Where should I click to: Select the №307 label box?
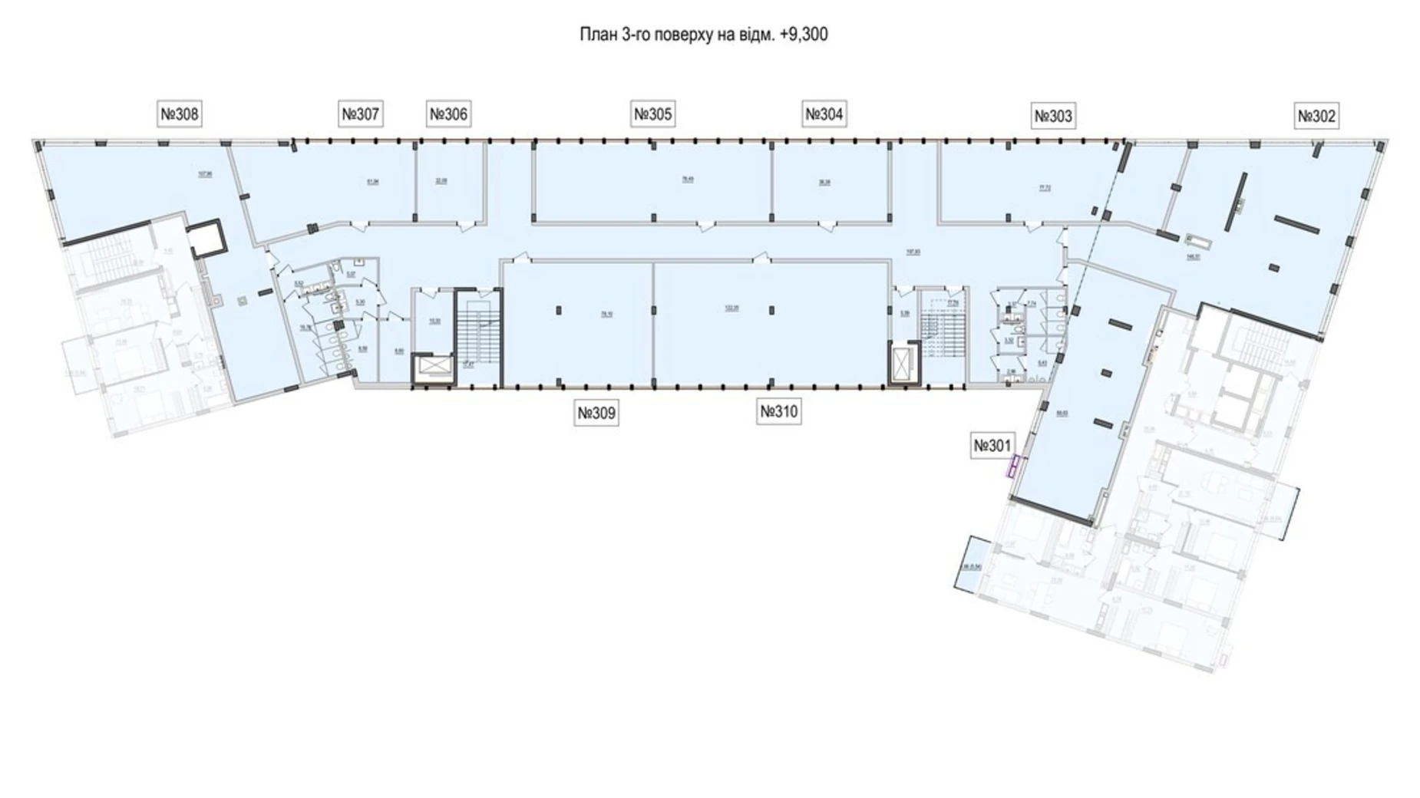coord(360,115)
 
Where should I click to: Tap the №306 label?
coord(448,115)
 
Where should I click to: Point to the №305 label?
coord(653,115)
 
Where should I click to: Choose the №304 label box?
coord(824,115)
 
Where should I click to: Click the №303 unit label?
coord(1053,117)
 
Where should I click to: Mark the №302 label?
coord(1316,117)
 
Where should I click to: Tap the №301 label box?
coord(992,446)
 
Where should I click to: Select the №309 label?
coord(596,414)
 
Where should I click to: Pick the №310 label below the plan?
coord(779,412)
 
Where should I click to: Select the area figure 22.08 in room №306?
coord(441,182)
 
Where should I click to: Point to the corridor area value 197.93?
coord(913,250)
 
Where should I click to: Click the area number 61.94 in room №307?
coord(373,182)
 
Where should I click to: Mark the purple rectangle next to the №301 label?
coord(1012,466)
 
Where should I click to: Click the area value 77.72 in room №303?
coord(1045,186)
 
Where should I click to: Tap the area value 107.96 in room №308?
coord(205,174)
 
